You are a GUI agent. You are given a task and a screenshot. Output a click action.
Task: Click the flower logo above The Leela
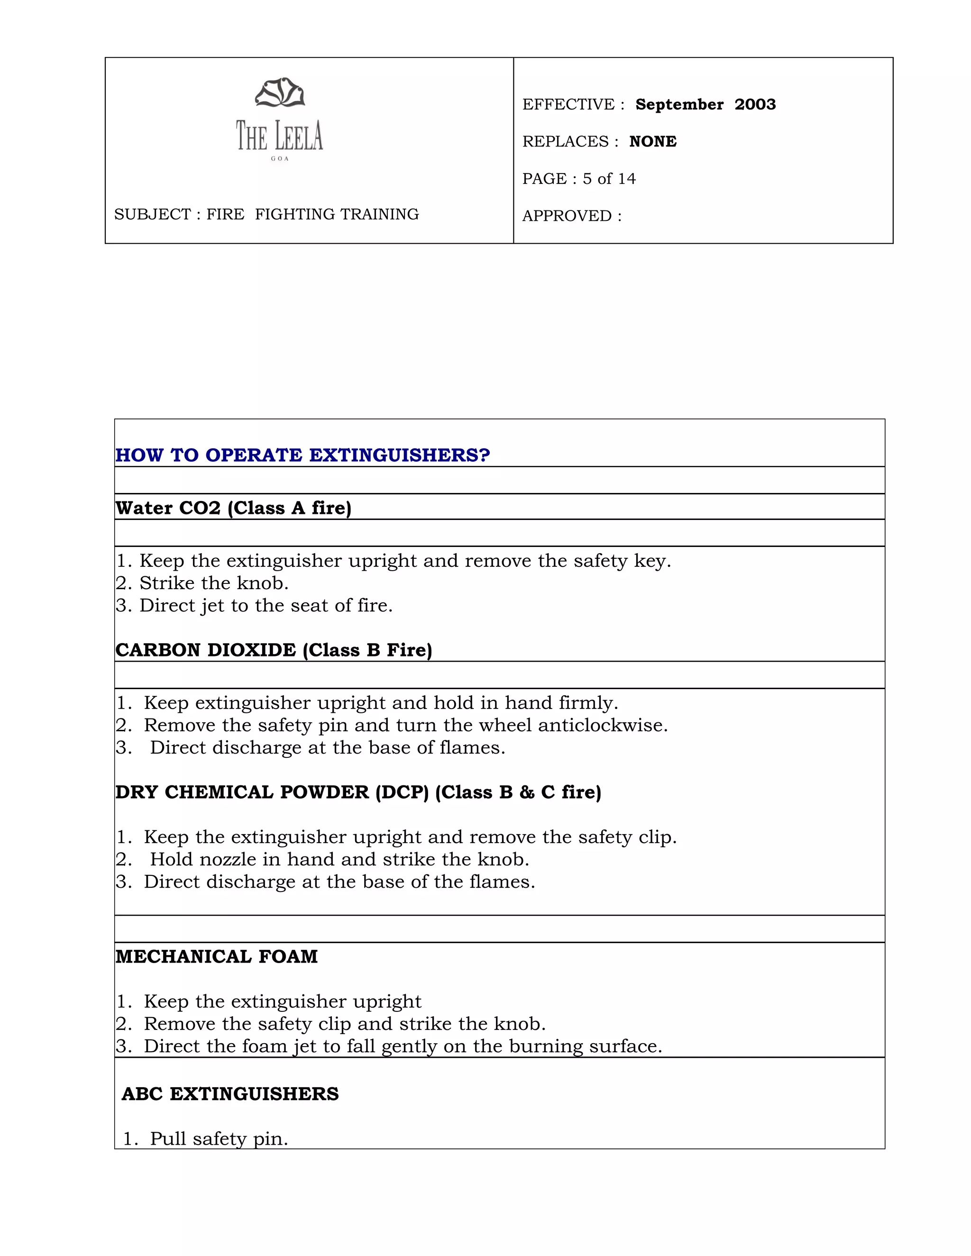coord(280,92)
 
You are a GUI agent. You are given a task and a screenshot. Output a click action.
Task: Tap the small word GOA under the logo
coord(280,159)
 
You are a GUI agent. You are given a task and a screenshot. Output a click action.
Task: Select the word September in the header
coord(679,105)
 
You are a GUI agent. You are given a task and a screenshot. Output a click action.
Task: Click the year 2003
coord(755,105)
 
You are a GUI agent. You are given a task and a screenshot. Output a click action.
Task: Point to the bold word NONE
coord(653,141)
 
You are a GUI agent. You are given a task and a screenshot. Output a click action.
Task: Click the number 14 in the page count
coord(626,179)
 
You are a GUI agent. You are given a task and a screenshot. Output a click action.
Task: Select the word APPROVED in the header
coord(567,216)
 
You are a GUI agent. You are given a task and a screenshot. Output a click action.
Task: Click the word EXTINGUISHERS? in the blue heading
coord(399,455)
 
